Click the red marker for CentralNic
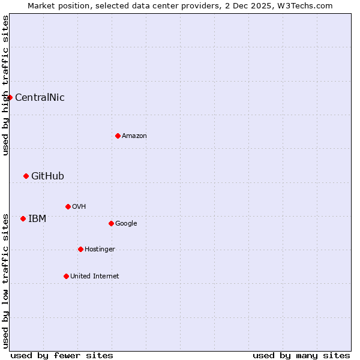tap(10, 97)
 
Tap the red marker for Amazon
tap(118, 136)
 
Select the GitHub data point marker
tap(26, 176)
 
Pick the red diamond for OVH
tap(68, 206)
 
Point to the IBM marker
tap(23, 218)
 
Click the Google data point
tap(111, 223)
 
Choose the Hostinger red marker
tap(80, 249)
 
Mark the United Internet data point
tap(66, 276)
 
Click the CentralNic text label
tap(40, 97)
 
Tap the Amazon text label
tap(134, 136)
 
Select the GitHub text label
tap(47, 176)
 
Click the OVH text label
tap(79, 206)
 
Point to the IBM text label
tap(37, 218)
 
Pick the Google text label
tap(126, 223)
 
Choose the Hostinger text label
tap(100, 249)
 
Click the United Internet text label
tap(95, 276)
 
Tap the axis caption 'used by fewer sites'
tap(62, 355)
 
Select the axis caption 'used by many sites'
tap(301, 355)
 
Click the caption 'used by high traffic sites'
tap(5, 85)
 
